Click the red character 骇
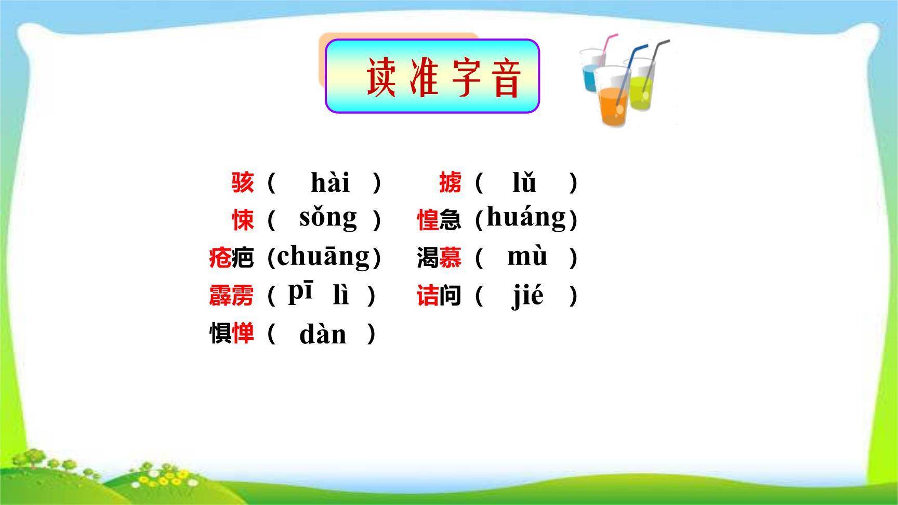tap(243, 182)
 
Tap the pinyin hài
tap(330, 182)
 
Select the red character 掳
tap(450, 182)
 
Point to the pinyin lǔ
tap(524, 182)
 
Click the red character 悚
tap(243, 219)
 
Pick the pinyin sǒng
tap(328, 218)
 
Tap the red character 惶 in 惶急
tap(428, 219)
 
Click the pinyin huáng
tap(526, 218)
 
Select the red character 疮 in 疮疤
tap(220, 257)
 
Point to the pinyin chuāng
tap(324, 256)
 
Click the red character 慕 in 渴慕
tap(450, 257)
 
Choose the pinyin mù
tap(527, 256)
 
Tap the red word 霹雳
tap(231, 296)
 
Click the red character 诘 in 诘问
tap(428, 296)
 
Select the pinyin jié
tap(528, 296)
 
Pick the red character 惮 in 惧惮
tap(243, 333)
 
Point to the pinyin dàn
tap(323, 334)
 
